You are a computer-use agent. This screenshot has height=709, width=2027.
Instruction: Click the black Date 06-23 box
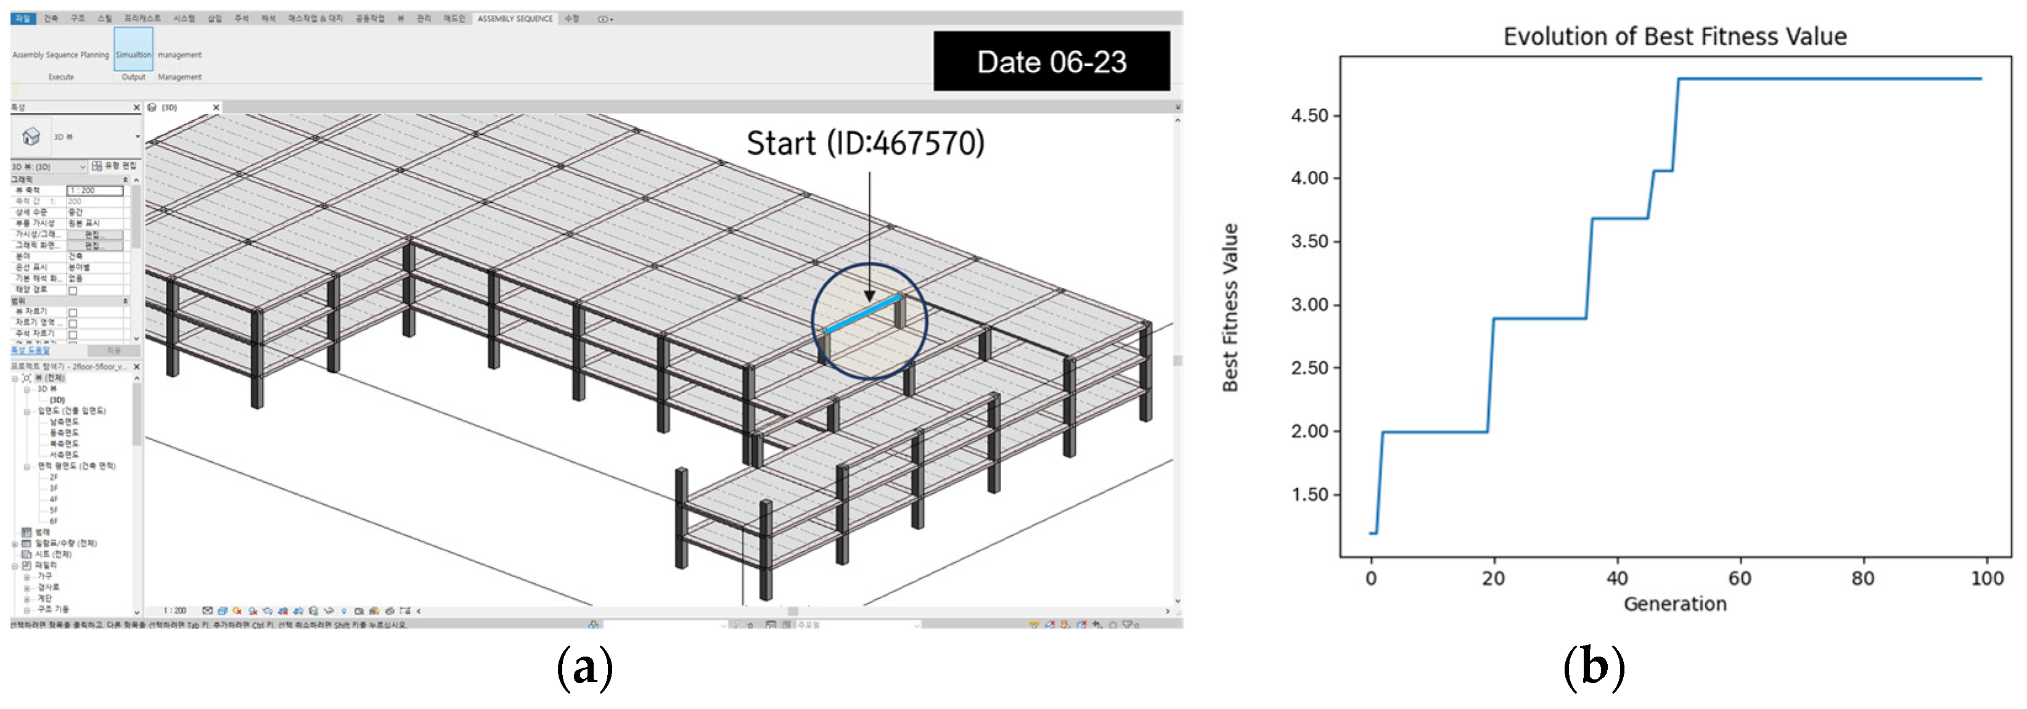(1050, 62)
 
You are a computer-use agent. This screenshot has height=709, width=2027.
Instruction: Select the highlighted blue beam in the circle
(862, 314)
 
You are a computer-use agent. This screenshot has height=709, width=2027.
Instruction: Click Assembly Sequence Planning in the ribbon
(60, 55)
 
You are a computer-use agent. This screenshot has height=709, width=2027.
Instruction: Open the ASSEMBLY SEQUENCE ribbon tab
(515, 18)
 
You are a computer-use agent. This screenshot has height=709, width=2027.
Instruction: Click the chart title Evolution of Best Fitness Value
(1674, 36)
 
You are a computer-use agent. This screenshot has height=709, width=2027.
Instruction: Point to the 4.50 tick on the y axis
(1309, 116)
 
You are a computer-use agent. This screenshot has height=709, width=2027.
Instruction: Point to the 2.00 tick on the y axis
(1309, 431)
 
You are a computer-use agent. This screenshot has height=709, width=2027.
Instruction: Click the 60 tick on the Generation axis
(1739, 578)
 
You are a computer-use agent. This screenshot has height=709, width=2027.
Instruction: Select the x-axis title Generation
(1674, 604)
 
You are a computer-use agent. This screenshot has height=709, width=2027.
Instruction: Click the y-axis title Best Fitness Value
(1230, 307)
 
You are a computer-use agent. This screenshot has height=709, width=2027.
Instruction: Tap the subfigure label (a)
(584, 667)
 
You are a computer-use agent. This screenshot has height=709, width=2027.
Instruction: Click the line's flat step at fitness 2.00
(1434, 432)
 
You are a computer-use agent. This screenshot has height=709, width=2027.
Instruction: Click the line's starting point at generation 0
(1372, 533)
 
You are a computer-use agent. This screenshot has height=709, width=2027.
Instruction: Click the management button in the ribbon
(179, 55)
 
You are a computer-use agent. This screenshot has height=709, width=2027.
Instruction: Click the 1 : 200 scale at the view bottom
(174, 610)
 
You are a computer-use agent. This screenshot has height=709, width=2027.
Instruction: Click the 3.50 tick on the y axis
(1309, 242)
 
